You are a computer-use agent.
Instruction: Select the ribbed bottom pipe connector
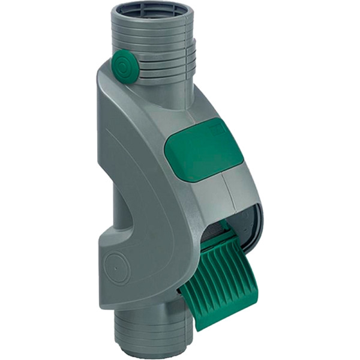click(x=153, y=327)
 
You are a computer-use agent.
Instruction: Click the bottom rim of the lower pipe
click(x=153, y=351)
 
